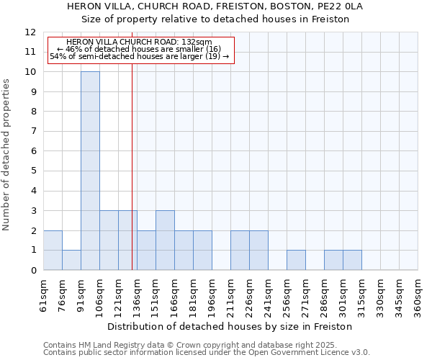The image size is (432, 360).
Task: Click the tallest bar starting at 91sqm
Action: [x=90, y=171]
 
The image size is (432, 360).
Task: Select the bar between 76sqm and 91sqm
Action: [x=71, y=260]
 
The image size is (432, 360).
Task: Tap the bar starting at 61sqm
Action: [x=53, y=250]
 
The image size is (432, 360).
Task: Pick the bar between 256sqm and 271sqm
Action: [x=296, y=260]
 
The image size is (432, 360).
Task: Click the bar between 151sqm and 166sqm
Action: [x=165, y=240]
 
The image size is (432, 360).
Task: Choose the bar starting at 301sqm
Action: [x=352, y=260]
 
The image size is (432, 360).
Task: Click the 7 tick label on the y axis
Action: [x=33, y=132]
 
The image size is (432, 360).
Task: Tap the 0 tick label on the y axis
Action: [x=33, y=270]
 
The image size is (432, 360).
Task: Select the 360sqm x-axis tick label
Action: [x=418, y=297]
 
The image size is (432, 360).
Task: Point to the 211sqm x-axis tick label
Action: [x=231, y=297]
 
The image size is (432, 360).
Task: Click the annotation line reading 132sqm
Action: [x=139, y=42]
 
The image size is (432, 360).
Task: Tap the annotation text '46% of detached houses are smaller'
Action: [x=139, y=49]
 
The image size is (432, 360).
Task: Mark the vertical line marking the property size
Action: [x=132, y=180]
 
